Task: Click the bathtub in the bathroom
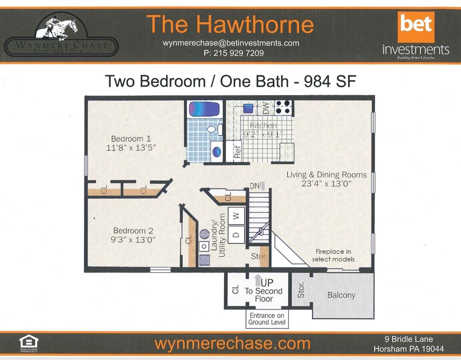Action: [204, 109]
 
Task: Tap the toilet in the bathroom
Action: [212, 129]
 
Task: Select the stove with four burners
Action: [283, 107]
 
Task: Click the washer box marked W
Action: [236, 216]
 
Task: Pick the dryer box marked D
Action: [236, 234]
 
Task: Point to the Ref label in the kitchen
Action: [237, 152]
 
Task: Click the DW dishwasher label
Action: [266, 109]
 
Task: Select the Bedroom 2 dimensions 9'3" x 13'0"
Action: [132, 240]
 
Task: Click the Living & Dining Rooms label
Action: [326, 174]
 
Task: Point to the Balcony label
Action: [341, 295]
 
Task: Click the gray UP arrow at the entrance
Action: [258, 280]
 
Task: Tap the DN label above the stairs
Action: [255, 186]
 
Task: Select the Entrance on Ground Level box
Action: [267, 319]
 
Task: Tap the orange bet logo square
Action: [416, 27]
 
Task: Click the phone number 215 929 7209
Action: [233, 53]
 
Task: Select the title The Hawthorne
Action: [230, 24]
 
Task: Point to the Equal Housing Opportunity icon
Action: [29, 343]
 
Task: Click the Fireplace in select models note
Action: [333, 255]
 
